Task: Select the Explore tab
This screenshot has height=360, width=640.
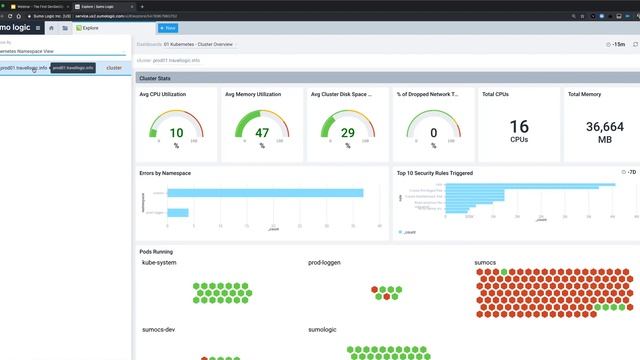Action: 88,28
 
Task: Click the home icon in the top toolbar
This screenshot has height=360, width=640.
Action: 51,28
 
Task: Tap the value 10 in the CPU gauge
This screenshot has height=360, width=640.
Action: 176,133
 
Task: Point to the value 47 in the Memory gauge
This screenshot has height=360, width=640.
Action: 262,133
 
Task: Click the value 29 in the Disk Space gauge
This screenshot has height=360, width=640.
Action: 348,133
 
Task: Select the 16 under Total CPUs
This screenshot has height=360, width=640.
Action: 519,127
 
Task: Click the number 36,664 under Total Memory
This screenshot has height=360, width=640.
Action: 605,127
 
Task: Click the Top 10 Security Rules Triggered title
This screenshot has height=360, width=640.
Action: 434,173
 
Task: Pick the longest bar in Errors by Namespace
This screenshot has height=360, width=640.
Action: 264,193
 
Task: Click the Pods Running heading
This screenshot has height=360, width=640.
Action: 156,251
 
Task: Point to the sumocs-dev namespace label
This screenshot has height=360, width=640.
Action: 159,328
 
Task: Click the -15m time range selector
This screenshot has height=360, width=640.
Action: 618,45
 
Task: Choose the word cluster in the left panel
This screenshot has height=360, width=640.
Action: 114,68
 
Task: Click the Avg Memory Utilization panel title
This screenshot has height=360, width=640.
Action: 254,94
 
